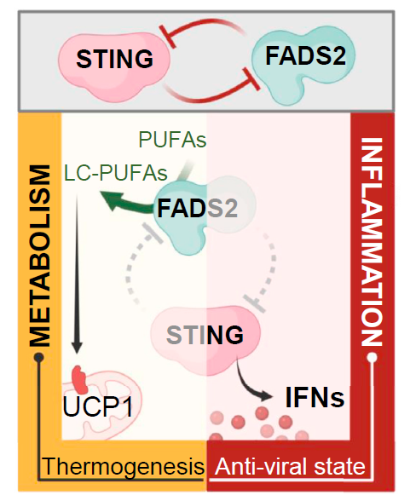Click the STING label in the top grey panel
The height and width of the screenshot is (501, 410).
click(115, 59)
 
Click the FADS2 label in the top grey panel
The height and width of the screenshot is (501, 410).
click(306, 55)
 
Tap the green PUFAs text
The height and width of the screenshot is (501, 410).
click(172, 140)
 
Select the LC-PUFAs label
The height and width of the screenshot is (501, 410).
click(116, 173)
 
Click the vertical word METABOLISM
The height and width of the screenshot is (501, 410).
click(40, 256)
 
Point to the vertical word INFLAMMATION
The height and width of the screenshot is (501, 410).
click(372, 242)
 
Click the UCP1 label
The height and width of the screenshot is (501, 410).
click(98, 406)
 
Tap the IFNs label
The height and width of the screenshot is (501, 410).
click(315, 398)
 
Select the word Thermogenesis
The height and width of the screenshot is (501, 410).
click(124, 467)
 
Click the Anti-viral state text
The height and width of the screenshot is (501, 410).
click(290, 467)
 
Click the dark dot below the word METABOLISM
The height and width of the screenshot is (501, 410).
click(39, 357)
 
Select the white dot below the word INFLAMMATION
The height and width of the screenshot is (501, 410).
click(372, 357)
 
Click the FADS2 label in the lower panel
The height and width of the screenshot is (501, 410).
click(198, 209)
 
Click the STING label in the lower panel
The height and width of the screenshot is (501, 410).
click(205, 335)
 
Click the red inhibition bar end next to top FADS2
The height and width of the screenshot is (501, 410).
click(251, 79)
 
